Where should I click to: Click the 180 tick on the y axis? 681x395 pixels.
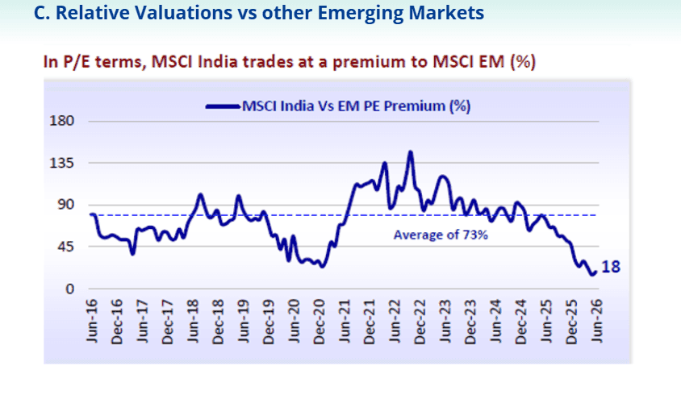point(61,121)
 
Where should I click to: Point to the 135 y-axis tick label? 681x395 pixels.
point(61,163)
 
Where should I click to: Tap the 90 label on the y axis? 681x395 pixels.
point(65,205)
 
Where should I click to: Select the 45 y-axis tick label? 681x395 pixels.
point(65,247)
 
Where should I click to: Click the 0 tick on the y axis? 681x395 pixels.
point(70,289)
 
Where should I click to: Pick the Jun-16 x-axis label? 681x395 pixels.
point(92,321)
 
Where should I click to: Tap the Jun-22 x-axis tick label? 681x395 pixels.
point(395,321)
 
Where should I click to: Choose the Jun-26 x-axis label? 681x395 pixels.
point(597,321)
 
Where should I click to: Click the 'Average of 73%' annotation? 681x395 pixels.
point(441,235)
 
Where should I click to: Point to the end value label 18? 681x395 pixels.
point(611,267)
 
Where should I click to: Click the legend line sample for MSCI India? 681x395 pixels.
point(223,106)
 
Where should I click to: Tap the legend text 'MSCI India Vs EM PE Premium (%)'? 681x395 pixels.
point(356,106)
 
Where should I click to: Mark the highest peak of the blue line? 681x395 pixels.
point(410,152)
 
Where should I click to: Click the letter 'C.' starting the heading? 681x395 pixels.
point(42,13)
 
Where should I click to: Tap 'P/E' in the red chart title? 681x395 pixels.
point(77,61)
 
